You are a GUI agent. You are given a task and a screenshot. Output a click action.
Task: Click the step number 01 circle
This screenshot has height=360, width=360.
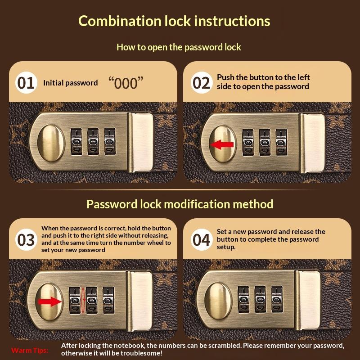(x=26, y=83)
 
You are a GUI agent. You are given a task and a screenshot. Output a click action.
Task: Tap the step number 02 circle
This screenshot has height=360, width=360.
(x=201, y=83)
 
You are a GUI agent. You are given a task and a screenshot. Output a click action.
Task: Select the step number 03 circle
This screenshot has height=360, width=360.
(x=26, y=240)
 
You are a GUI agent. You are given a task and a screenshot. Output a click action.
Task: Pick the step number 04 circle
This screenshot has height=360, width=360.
(x=201, y=240)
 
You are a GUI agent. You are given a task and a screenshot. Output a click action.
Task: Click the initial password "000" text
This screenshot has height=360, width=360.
(x=126, y=83)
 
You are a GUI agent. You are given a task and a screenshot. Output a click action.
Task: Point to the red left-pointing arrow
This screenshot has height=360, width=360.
(x=222, y=144)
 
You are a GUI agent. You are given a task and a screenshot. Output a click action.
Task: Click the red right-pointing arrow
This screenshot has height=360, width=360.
(x=50, y=301)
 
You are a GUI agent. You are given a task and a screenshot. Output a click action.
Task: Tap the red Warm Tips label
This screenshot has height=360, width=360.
(x=30, y=351)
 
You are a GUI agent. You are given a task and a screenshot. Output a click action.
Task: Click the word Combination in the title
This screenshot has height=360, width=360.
(x=120, y=21)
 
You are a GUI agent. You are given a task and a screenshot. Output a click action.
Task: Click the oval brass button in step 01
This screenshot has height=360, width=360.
(x=51, y=143)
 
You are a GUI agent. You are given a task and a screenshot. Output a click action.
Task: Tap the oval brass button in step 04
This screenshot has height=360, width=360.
(x=218, y=301)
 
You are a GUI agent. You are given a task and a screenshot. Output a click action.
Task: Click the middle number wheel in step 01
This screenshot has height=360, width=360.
(x=93, y=141)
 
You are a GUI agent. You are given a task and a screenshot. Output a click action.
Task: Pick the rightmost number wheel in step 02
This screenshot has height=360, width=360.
(x=281, y=142)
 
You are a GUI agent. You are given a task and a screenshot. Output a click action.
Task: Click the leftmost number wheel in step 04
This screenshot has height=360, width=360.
(x=243, y=299)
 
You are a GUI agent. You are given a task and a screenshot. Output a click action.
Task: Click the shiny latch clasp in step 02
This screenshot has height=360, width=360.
(x=312, y=143)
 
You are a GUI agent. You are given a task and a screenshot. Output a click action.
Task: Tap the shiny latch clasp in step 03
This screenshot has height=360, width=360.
(x=139, y=301)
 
